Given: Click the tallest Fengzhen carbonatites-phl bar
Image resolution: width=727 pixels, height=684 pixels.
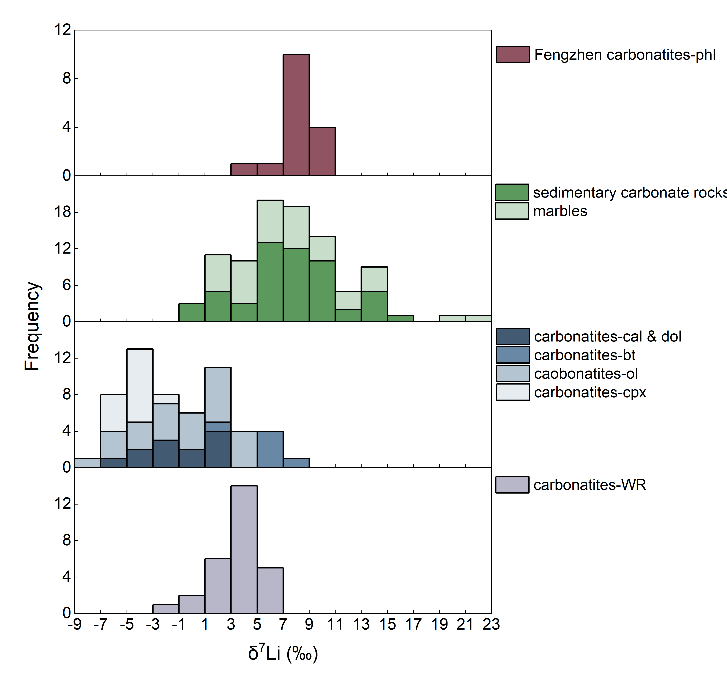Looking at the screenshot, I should (x=296, y=115).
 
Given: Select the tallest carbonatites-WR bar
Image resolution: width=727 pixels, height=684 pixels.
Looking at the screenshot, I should (x=244, y=550).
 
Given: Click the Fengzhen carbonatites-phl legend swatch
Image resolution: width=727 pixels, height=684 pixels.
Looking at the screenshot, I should (x=513, y=54).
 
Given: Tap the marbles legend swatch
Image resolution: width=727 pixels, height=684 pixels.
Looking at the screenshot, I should (x=512, y=211).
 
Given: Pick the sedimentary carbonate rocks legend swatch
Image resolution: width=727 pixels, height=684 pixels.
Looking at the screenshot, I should (x=512, y=192).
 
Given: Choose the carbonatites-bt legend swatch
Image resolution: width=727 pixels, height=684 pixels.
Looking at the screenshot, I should (x=513, y=355).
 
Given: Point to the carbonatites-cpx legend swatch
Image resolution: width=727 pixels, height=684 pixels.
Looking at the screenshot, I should (x=513, y=392).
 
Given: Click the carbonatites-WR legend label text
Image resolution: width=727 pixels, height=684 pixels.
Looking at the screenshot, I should (x=589, y=485).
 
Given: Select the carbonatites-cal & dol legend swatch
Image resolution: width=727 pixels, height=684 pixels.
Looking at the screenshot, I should (x=513, y=336).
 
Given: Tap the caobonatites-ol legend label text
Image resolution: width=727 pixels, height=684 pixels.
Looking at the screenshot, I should (x=586, y=374).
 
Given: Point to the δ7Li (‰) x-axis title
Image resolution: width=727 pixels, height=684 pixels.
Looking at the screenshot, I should (x=283, y=653).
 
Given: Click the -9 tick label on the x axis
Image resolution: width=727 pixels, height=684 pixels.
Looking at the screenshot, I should (x=75, y=624).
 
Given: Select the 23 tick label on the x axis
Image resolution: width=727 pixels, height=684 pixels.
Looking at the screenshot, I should (x=491, y=624).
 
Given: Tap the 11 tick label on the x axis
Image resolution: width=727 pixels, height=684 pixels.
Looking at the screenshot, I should (x=335, y=624).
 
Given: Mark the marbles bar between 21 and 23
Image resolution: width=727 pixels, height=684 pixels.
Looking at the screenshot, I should (x=478, y=318).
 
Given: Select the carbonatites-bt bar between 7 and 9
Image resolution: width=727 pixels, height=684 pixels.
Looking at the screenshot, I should (x=296, y=463).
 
